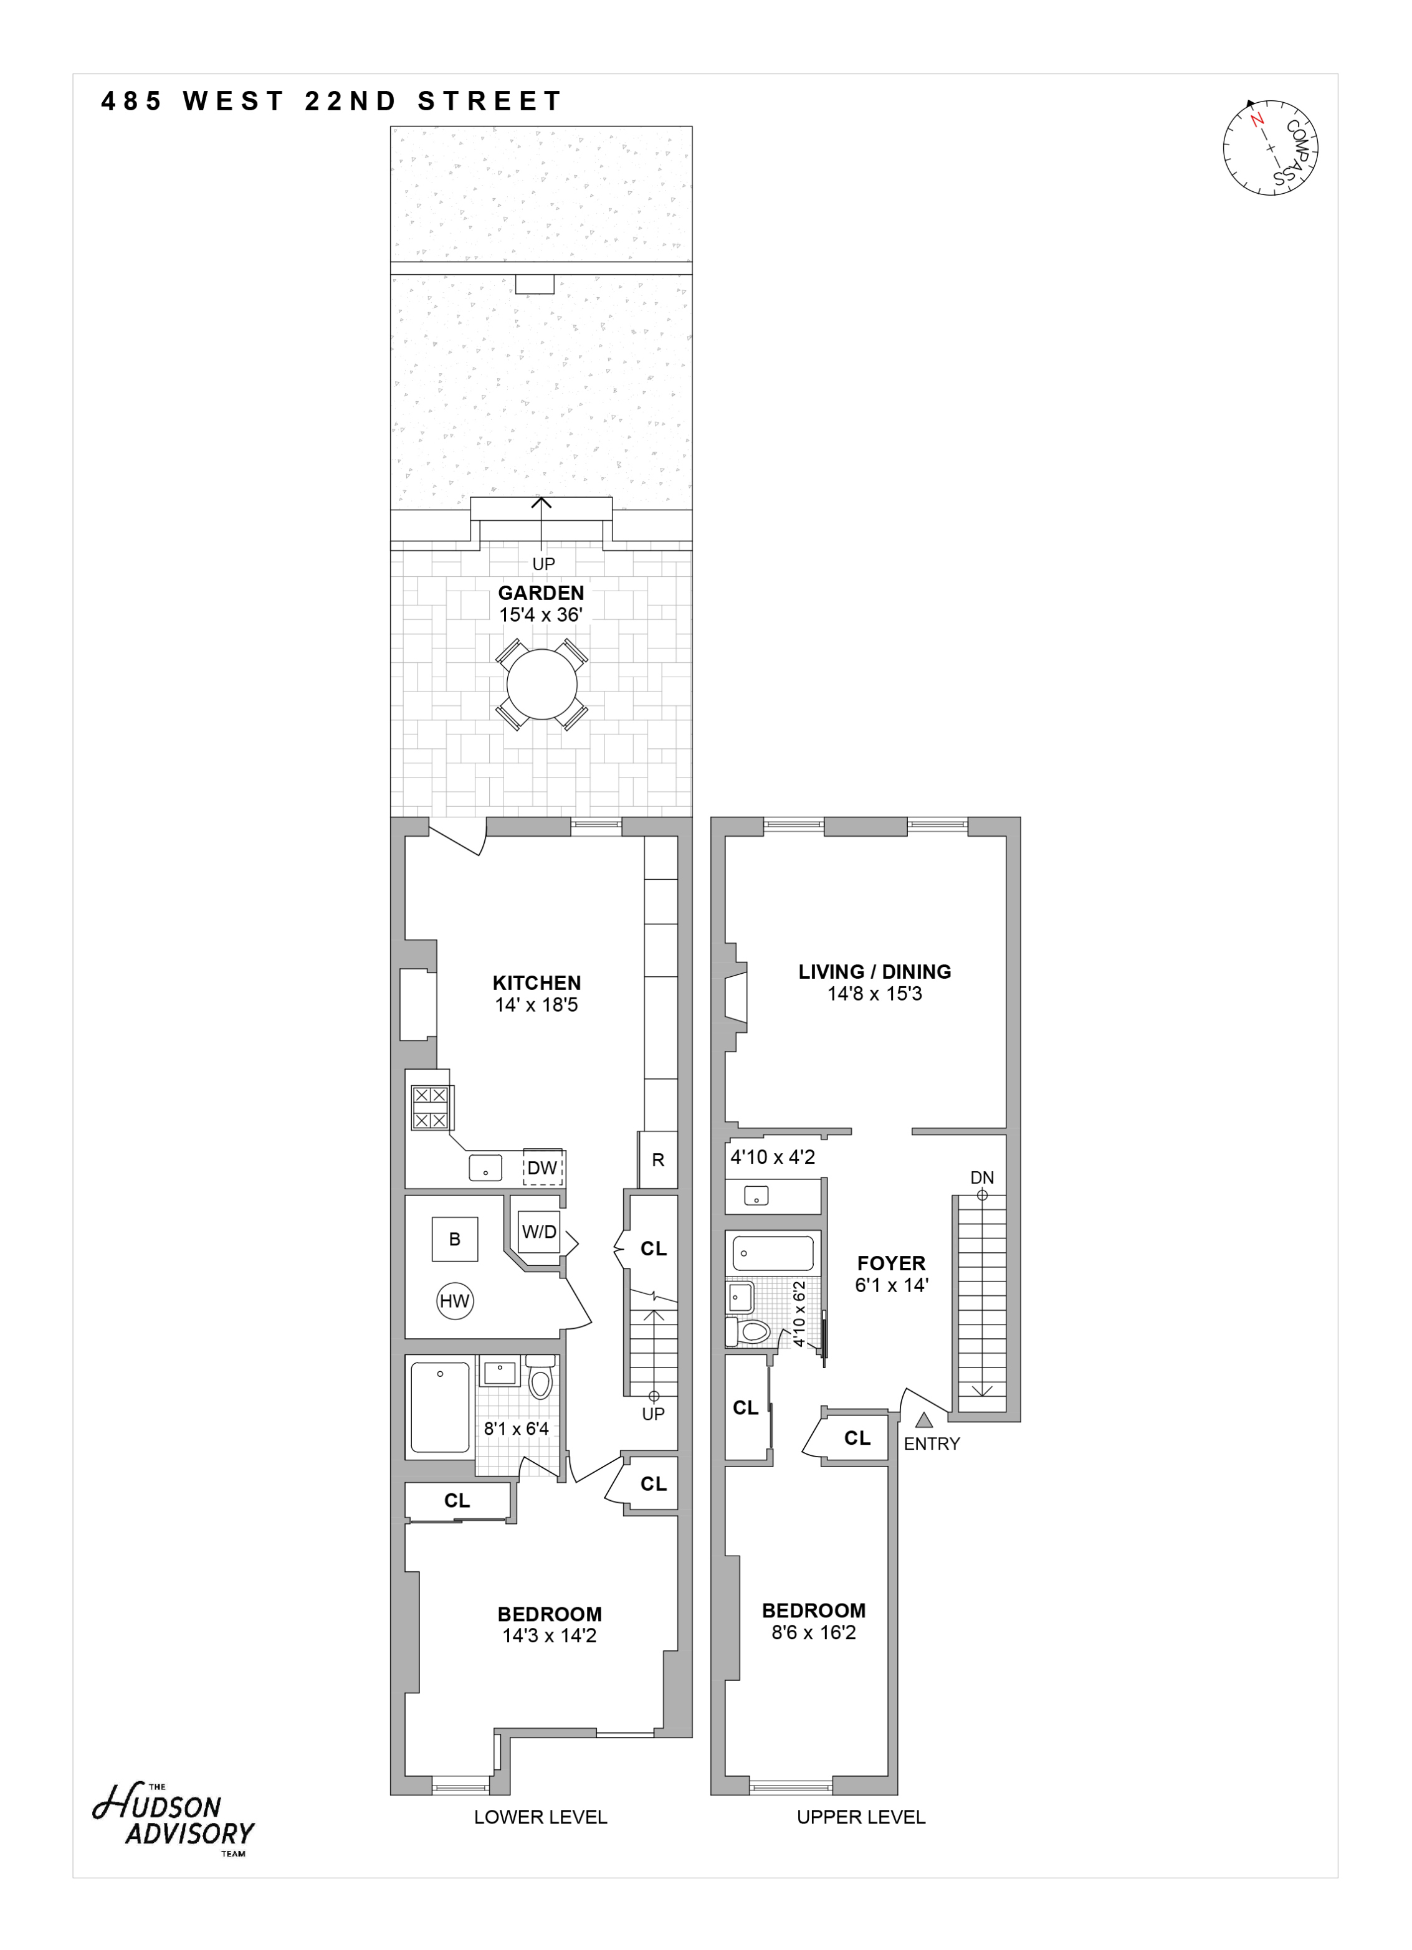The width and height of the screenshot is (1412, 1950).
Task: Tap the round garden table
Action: point(541,685)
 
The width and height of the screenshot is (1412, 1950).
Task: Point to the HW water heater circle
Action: point(455,1301)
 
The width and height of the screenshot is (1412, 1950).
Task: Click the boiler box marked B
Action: point(455,1239)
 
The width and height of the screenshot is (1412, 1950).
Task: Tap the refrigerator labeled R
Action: point(658,1160)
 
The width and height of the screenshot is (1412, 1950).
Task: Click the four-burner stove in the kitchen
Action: point(431,1108)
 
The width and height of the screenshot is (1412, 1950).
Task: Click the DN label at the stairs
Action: point(982,1177)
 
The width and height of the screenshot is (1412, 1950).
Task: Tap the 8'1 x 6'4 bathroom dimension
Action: point(516,1429)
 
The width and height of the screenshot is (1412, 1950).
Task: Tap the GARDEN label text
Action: point(541,592)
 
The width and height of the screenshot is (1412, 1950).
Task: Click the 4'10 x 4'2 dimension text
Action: point(772,1158)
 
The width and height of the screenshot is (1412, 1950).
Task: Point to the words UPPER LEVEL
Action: point(861,1817)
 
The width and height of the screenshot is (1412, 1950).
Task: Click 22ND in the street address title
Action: point(351,102)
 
